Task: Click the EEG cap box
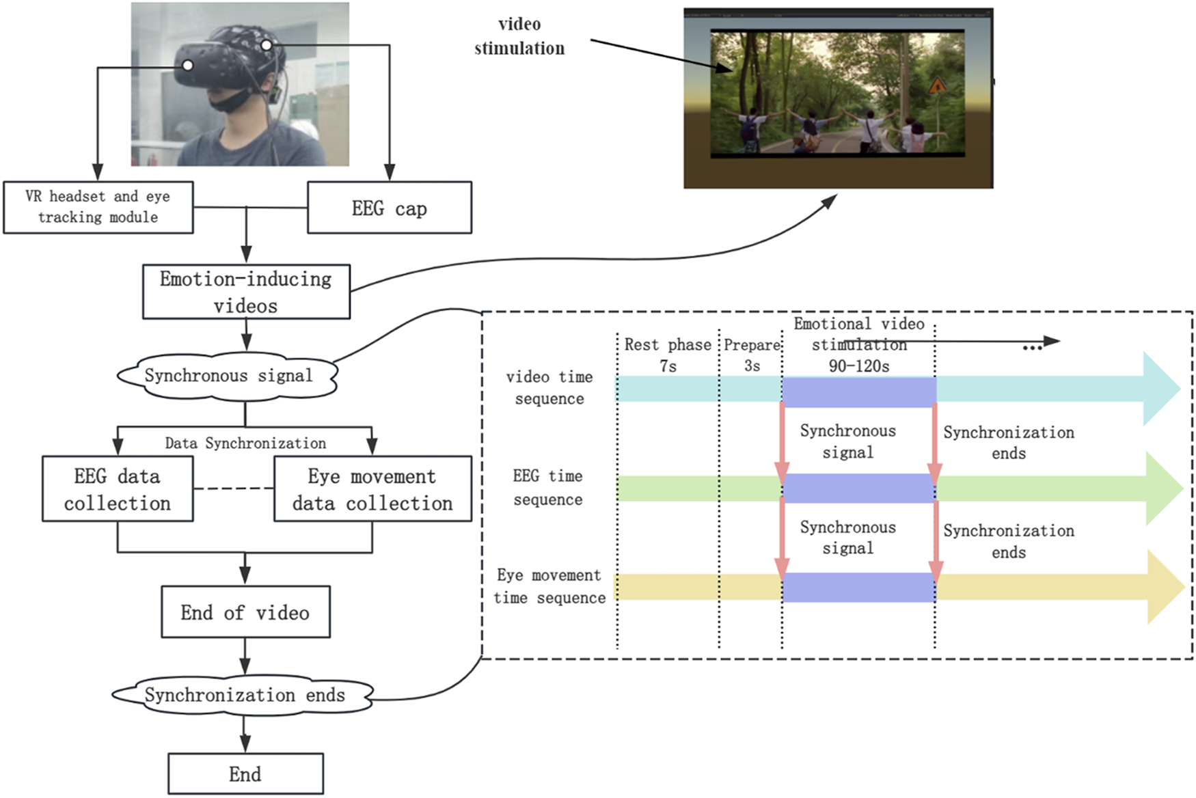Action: (x=390, y=208)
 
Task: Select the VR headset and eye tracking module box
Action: (x=98, y=207)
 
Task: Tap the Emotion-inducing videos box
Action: (x=246, y=292)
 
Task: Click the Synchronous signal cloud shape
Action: (x=228, y=376)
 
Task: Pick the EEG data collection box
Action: (x=118, y=489)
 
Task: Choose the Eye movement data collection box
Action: (x=372, y=489)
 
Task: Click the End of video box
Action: (x=245, y=612)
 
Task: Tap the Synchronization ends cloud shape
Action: (x=243, y=696)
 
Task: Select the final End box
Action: (x=245, y=774)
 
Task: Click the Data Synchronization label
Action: (x=245, y=443)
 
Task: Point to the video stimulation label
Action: (x=519, y=36)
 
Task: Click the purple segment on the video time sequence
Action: (x=859, y=392)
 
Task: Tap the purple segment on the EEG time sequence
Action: (x=859, y=489)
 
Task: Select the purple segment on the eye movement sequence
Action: (x=859, y=588)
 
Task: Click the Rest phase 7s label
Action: (x=668, y=355)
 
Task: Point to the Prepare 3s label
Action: (x=752, y=355)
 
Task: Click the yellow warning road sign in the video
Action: (x=937, y=86)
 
